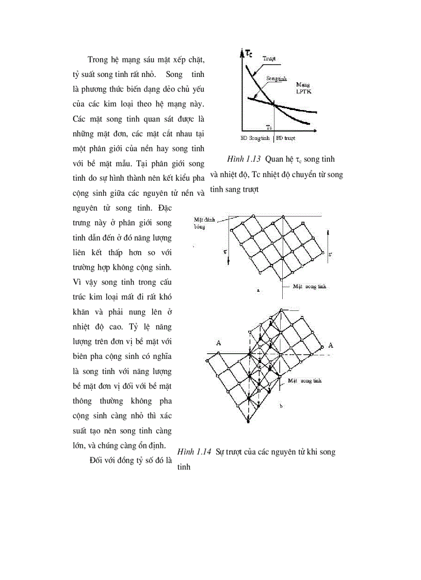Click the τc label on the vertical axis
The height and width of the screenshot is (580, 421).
(248, 53)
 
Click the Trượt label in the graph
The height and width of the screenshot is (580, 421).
(268, 59)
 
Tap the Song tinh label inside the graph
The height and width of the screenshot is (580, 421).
(277, 78)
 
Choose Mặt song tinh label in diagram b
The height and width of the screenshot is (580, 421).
(305, 380)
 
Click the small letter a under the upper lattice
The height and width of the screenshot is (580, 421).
(258, 291)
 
